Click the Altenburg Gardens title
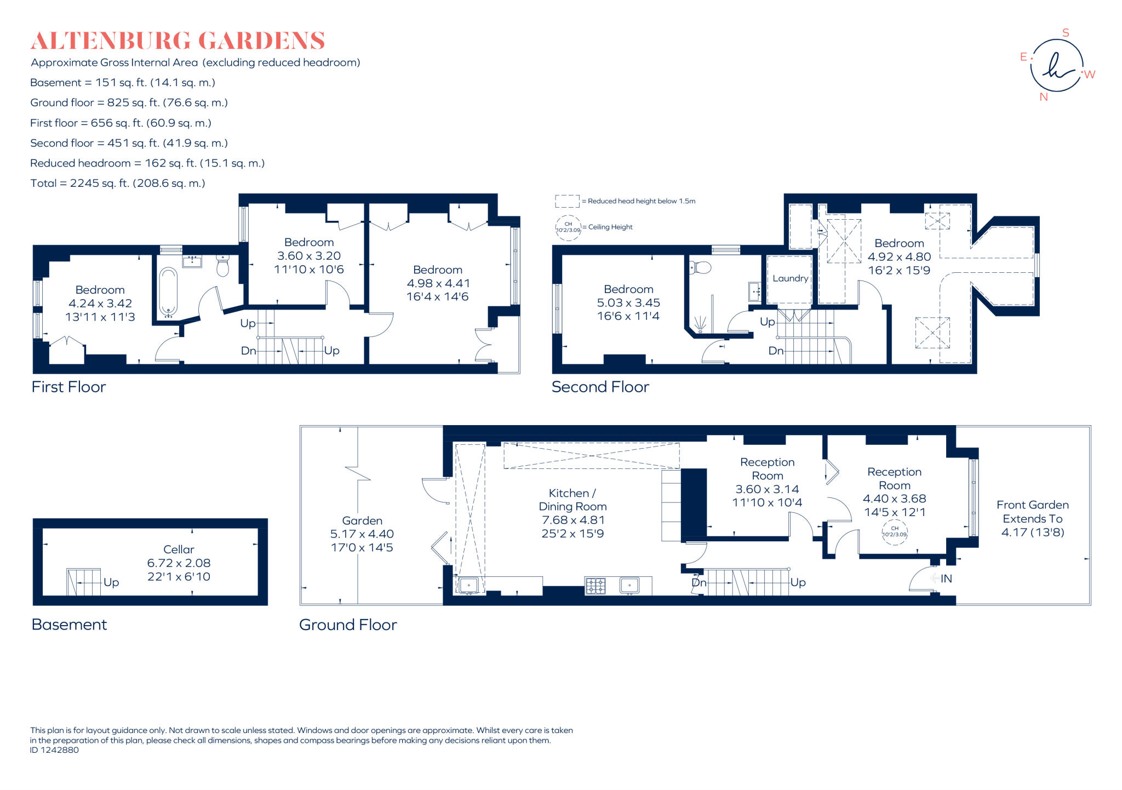[178, 41]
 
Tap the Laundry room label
[790, 278]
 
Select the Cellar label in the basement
[179, 549]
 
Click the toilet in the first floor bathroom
[223, 266]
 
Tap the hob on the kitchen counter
[596, 586]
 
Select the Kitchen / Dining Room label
[573, 500]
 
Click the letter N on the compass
[1043, 97]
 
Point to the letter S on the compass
[1066, 33]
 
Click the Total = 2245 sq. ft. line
[118, 184]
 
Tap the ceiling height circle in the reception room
[894, 532]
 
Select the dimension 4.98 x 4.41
[438, 283]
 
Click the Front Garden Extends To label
[1032, 512]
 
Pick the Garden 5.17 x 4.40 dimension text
[362, 534]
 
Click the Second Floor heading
[600, 387]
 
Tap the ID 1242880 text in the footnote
[54, 750]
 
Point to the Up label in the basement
[111, 582]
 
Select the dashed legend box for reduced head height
[567, 201]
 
